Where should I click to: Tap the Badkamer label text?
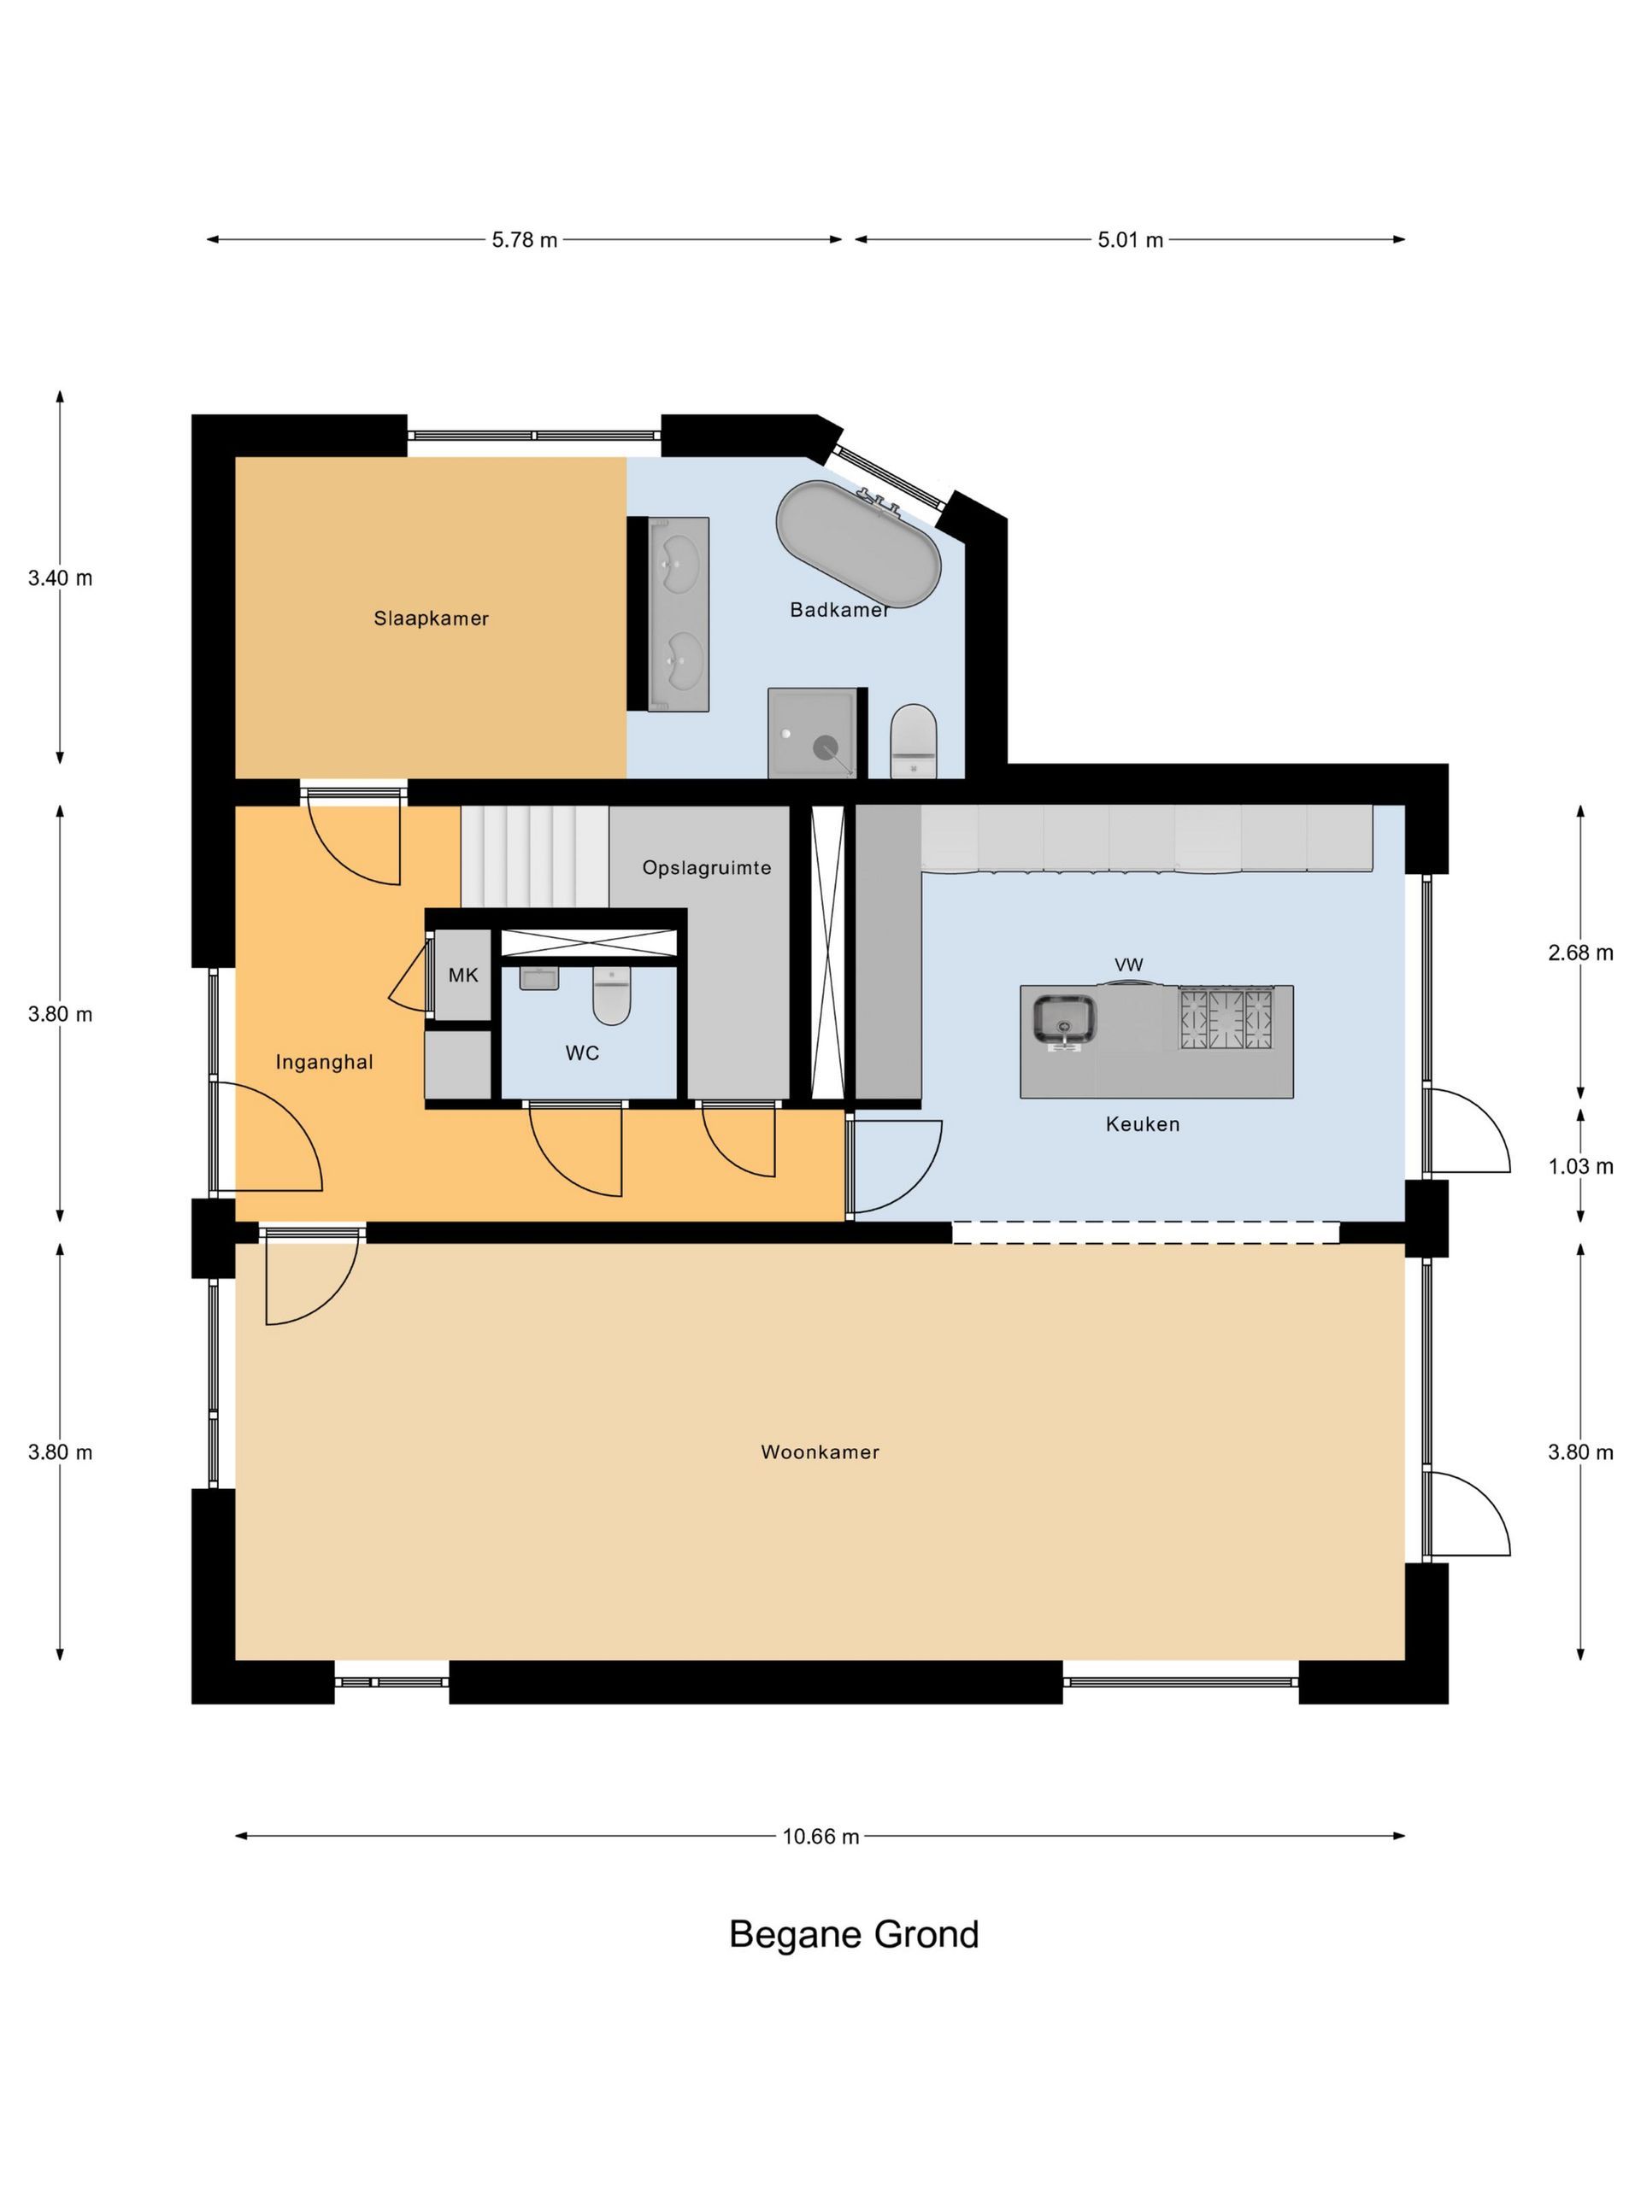(838, 610)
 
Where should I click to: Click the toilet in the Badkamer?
(913, 742)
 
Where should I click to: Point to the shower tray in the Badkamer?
(812, 733)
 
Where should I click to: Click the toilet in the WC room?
(611, 994)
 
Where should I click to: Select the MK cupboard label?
(463, 976)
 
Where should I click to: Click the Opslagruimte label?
(706, 868)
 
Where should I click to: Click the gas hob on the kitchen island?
(1226, 1018)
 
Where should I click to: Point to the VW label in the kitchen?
(1129, 965)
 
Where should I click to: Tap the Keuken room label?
(1143, 1124)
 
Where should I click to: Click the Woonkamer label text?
(820, 1452)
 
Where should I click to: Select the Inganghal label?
(325, 1063)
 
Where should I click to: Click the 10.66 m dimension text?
(821, 1837)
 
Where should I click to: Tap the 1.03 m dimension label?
(1580, 1167)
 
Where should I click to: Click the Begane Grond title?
(854, 1935)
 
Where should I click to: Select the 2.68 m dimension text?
(1580, 953)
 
